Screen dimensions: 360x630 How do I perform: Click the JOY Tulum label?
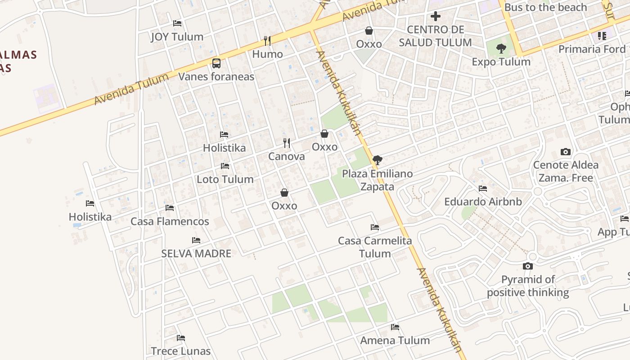coord(177,37)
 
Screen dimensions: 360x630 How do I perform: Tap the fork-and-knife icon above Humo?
coord(267,41)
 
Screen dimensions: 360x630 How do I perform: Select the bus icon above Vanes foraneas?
coord(216,63)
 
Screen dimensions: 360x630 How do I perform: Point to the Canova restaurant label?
coord(286,157)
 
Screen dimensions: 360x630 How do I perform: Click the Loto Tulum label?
coord(225,179)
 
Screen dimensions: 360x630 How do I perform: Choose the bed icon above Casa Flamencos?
coord(170,208)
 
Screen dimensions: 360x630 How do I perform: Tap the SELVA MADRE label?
coord(196,253)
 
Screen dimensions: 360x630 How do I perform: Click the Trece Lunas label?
coord(180,351)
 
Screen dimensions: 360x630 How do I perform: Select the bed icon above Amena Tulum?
coord(395,327)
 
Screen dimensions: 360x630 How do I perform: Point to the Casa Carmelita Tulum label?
coord(375,247)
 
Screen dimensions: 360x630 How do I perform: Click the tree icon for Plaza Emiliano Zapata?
coord(378,160)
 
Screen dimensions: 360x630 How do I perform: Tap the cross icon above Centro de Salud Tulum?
coord(435,17)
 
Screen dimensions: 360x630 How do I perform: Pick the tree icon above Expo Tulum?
coord(501,49)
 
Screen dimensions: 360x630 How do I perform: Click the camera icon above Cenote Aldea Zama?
coord(566,152)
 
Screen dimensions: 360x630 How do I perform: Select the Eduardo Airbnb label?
coord(483,202)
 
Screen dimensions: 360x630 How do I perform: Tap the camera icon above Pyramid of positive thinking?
coord(528,266)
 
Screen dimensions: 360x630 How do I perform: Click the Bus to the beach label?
coord(545,7)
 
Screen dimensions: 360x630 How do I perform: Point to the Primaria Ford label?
coord(592,49)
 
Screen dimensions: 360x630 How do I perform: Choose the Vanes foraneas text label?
coord(216,76)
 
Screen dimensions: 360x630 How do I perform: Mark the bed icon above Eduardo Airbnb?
coord(483,189)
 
